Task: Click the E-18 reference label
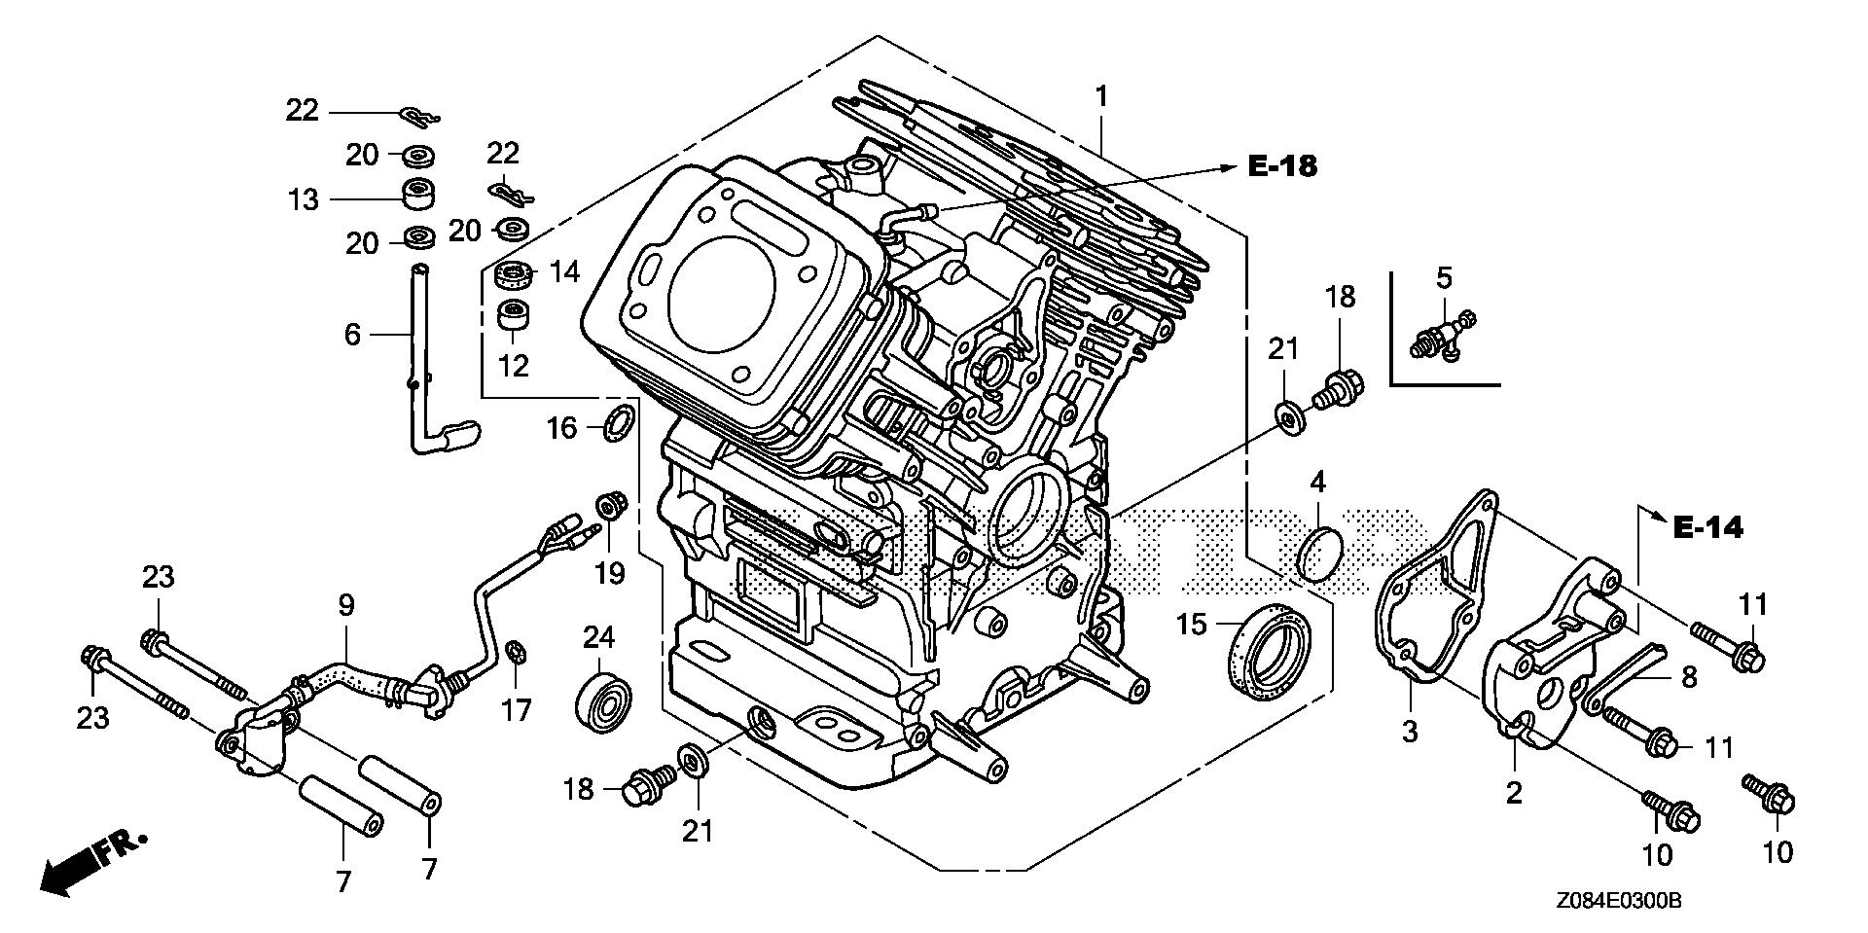[x=1282, y=167]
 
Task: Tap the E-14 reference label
[x=1708, y=528]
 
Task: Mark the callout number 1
[x=1101, y=96]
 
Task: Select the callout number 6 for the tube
[x=352, y=335]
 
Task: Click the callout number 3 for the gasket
[x=1411, y=732]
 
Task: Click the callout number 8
[x=1689, y=677]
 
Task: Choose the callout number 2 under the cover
[x=1513, y=793]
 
